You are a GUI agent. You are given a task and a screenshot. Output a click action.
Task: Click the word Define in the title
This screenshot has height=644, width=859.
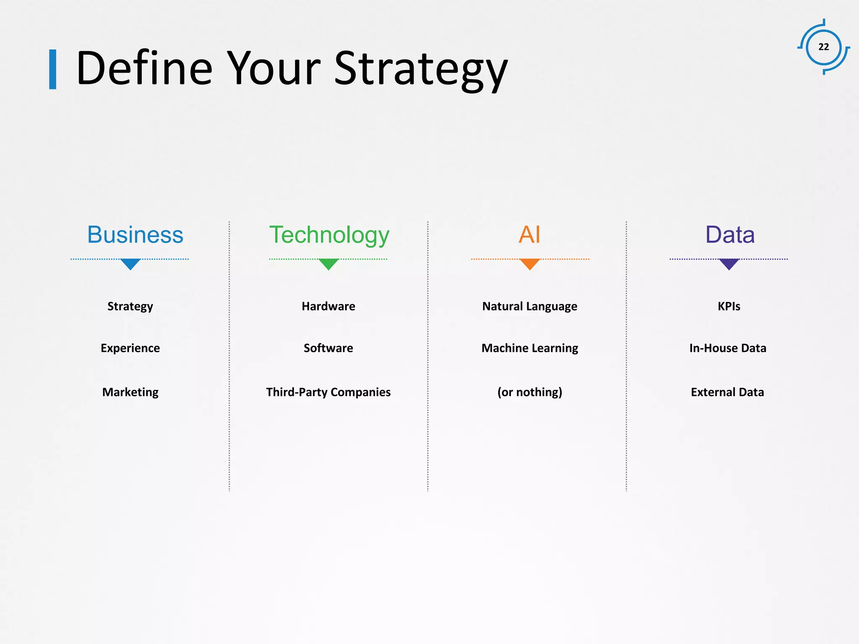tap(144, 68)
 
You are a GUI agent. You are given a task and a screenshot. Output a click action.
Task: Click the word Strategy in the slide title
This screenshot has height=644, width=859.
tap(421, 68)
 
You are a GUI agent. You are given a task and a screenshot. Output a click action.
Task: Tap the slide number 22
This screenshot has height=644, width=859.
tap(823, 47)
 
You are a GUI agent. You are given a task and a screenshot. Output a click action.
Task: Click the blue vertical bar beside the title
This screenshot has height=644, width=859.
tap(53, 69)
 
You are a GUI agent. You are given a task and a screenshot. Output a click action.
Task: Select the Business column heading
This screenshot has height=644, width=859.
tap(135, 234)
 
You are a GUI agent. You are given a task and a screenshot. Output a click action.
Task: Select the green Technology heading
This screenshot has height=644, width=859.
tap(329, 234)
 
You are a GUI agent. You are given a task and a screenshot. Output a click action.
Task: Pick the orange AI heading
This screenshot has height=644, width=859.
tap(529, 234)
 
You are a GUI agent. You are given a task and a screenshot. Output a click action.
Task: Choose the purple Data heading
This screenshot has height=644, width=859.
tap(729, 234)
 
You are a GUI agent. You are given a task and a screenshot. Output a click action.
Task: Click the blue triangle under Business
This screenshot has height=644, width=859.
tap(130, 264)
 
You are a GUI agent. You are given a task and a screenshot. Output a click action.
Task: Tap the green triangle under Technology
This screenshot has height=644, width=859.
tap(328, 264)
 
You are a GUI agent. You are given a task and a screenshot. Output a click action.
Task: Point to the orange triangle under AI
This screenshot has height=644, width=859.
tap(529, 264)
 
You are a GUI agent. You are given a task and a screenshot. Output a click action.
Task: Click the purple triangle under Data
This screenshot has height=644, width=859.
tap(729, 264)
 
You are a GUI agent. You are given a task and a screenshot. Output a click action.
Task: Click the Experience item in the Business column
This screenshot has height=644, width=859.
tap(130, 348)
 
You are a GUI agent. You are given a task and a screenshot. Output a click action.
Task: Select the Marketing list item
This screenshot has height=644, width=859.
tap(130, 392)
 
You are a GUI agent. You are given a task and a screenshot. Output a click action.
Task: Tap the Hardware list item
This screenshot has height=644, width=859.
tap(328, 306)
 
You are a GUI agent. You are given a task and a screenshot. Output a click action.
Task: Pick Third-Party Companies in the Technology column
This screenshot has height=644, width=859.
tap(328, 392)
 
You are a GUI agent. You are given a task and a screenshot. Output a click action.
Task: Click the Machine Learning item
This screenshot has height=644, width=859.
tap(529, 348)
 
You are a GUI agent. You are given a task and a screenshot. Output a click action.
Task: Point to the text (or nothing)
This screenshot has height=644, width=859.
tap(529, 392)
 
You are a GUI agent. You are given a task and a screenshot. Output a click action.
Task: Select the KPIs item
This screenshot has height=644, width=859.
tap(729, 306)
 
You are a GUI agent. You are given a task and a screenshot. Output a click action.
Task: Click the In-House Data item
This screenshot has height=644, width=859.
tap(728, 348)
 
